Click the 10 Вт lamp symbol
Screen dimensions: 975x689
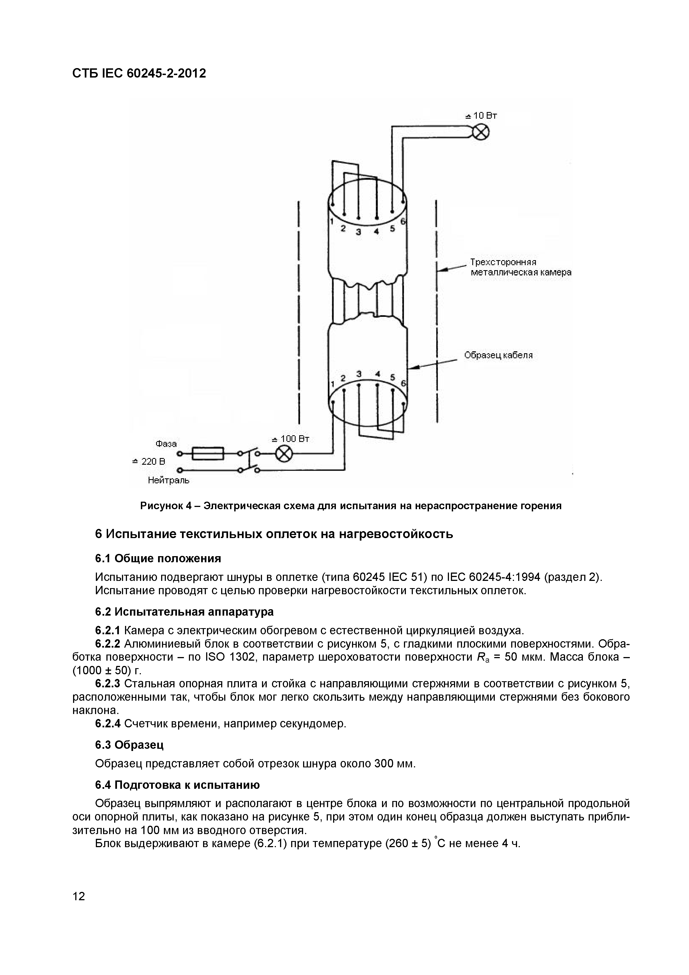click(481, 133)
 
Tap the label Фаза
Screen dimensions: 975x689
click(166, 444)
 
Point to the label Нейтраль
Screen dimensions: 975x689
click(169, 480)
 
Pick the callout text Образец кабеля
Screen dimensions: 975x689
click(498, 355)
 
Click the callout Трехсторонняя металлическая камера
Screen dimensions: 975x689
click(520, 268)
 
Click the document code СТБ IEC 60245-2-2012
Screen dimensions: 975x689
click(139, 73)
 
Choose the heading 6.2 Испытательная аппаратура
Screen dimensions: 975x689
click(184, 612)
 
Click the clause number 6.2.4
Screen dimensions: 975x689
click(108, 723)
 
